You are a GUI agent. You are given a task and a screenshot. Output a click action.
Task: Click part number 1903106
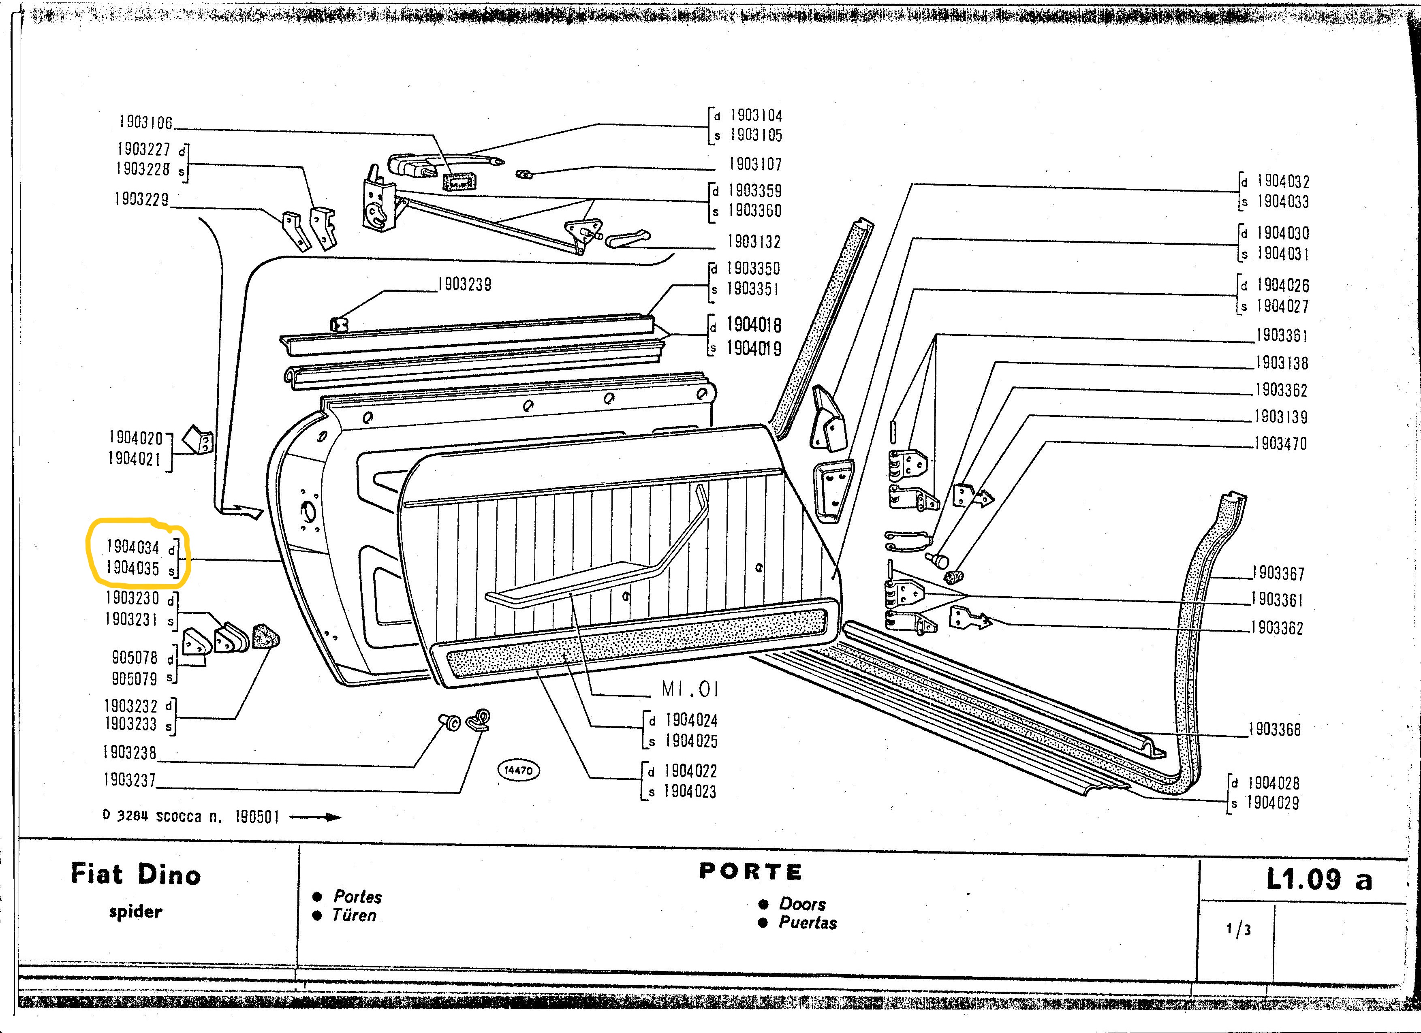tap(145, 122)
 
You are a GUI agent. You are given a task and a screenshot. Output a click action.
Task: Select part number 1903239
tap(464, 284)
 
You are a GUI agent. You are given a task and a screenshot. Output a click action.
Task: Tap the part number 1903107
tap(755, 164)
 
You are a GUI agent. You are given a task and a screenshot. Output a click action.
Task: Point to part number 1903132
tap(754, 242)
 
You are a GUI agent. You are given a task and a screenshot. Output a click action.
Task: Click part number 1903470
tap(1280, 444)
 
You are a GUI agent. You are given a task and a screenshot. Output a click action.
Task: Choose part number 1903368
tap(1274, 729)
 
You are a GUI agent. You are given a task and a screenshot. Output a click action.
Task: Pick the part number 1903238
tap(130, 752)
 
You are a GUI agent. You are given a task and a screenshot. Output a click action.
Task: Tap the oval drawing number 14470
tap(518, 770)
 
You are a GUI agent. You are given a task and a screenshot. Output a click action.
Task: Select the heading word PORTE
tap(750, 871)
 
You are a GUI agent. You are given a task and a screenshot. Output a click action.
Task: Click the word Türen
tap(354, 915)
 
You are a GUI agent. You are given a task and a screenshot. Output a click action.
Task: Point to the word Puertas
tap(808, 923)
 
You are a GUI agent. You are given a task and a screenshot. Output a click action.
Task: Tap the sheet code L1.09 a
tap(1319, 879)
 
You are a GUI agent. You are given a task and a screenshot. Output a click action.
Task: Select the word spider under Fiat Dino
tap(135, 911)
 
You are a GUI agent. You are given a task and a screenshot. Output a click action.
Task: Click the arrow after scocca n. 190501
tap(315, 817)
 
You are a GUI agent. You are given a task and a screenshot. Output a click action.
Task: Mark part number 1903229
tap(141, 200)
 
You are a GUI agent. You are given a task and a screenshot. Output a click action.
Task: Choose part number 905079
tap(134, 679)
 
